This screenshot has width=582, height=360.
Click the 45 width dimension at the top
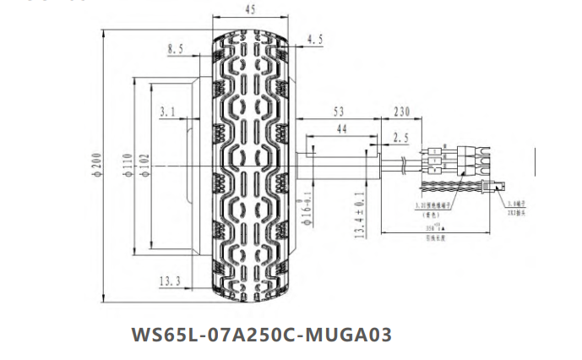pos(252,10)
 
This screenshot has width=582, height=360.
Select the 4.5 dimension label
pos(315,40)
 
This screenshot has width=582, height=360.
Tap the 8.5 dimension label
pos(176,50)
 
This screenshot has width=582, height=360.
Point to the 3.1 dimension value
pos(166,111)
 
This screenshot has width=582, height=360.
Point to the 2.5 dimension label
pos(400,136)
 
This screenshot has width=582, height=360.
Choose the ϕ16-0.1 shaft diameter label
pos(309,211)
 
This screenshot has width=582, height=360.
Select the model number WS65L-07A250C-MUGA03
pos(262,334)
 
